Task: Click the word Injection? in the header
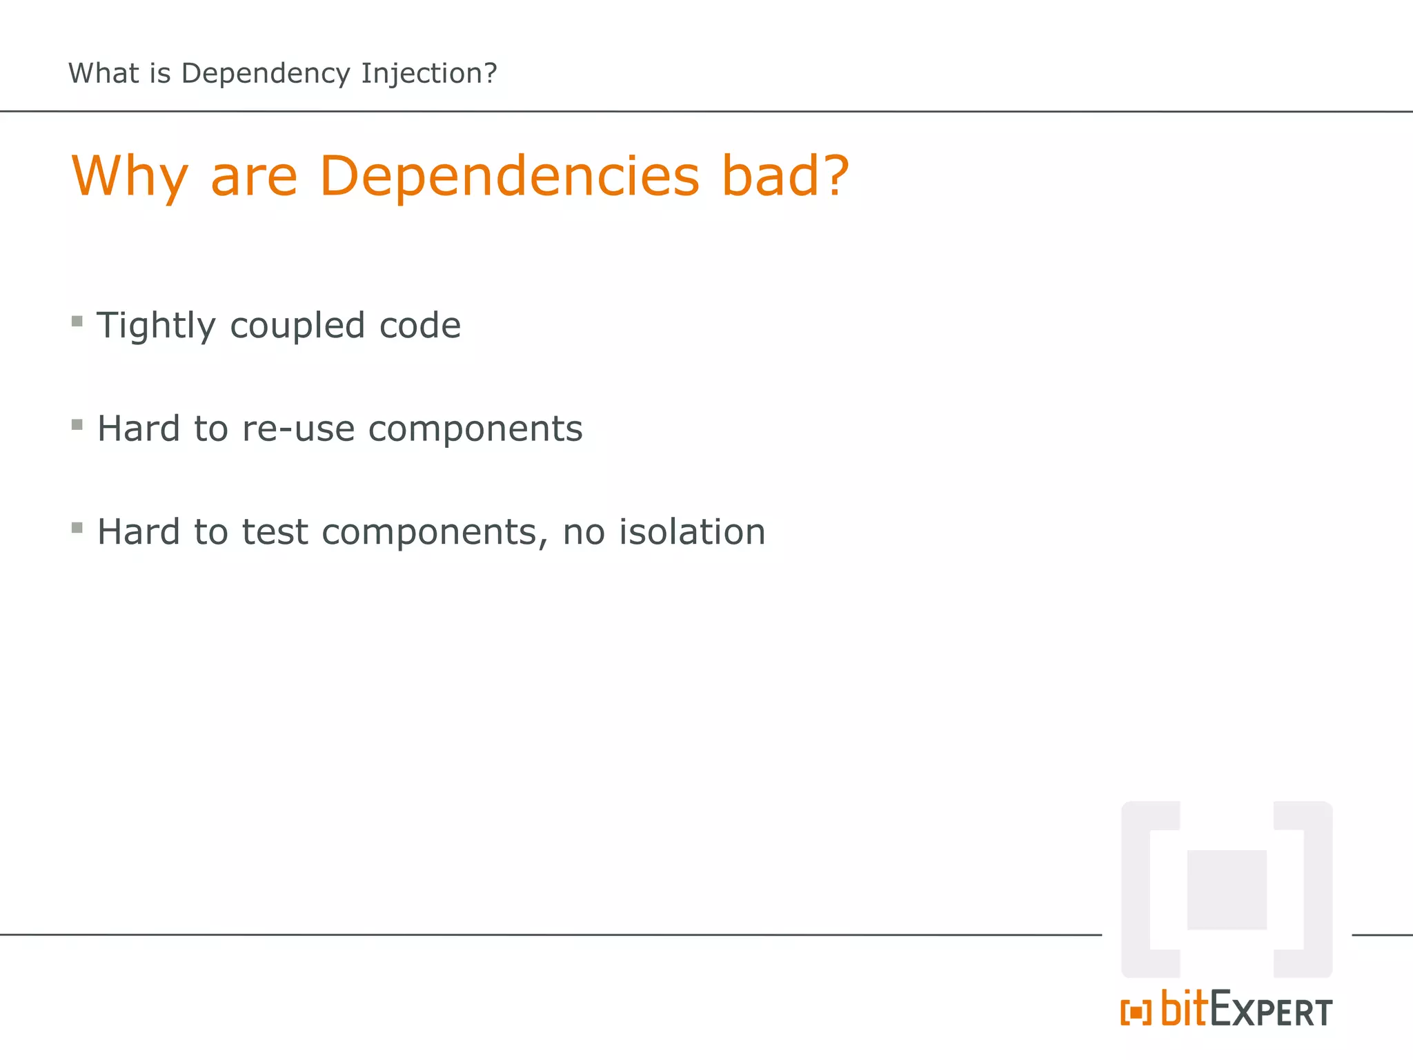point(428,74)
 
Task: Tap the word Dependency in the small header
point(266,74)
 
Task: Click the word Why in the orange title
point(130,176)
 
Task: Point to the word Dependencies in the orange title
point(509,176)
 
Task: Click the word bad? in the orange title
point(785,176)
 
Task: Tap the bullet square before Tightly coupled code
point(77,321)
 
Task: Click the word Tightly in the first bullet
point(156,326)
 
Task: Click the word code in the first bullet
point(420,326)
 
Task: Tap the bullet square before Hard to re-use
point(77,424)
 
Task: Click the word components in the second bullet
point(475,429)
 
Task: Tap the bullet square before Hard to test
point(77,528)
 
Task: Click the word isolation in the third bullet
point(692,532)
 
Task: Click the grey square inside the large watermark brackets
point(1227,890)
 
